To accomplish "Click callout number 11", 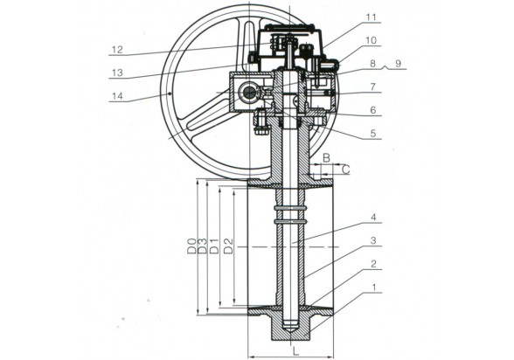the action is (x=371, y=17).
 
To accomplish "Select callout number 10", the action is (x=371, y=40).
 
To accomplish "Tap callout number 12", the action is (x=117, y=50).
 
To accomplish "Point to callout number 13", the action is (x=117, y=73).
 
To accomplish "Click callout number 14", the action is (x=117, y=96).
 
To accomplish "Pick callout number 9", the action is (x=398, y=63).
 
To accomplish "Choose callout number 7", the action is (x=372, y=87).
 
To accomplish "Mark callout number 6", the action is (x=372, y=110).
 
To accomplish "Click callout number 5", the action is (x=372, y=134).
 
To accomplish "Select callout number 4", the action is (x=372, y=218).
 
